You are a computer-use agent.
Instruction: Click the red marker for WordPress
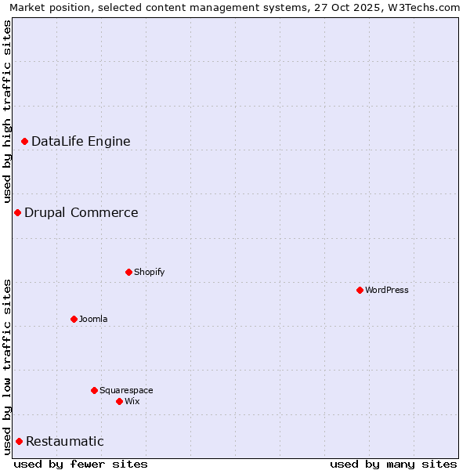tap(360, 290)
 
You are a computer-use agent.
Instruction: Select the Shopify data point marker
tap(128, 272)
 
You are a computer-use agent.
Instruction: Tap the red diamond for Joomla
tap(74, 319)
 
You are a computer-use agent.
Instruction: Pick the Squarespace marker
tap(94, 390)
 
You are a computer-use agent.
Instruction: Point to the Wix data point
tap(119, 401)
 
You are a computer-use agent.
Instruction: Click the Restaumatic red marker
tap(19, 441)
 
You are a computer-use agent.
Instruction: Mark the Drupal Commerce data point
tap(17, 212)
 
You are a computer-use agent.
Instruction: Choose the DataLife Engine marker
tap(24, 141)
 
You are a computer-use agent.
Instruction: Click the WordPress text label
tap(387, 290)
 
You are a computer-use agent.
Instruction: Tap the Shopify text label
tap(149, 272)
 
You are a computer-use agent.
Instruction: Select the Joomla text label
tap(93, 319)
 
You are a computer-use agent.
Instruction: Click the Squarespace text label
tap(126, 390)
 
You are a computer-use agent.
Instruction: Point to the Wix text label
tap(132, 401)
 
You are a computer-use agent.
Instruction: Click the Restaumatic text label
tap(65, 441)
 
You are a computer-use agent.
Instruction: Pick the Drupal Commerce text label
tap(81, 212)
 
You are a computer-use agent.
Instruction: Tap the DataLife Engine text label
tap(81, 141)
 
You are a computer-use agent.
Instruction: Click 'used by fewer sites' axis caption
tap(81, 464)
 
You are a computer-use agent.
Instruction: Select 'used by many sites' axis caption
tap(393, 464)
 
